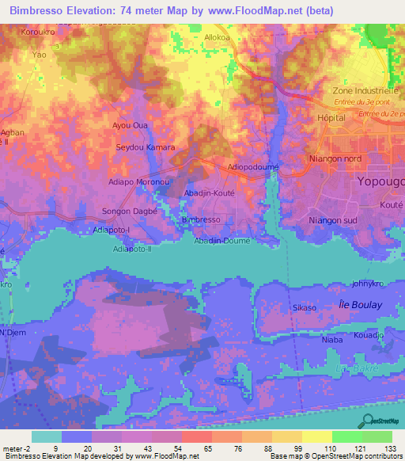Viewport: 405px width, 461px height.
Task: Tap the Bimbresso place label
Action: coord(200,219)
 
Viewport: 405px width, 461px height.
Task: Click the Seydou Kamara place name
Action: coord(145,148)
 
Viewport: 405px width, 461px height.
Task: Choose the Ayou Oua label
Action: coord(131,125)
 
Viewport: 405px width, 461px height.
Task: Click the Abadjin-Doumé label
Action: coord(222,240)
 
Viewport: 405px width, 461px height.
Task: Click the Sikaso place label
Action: coord(305,307)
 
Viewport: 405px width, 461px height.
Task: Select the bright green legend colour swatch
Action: coord(347,436)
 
